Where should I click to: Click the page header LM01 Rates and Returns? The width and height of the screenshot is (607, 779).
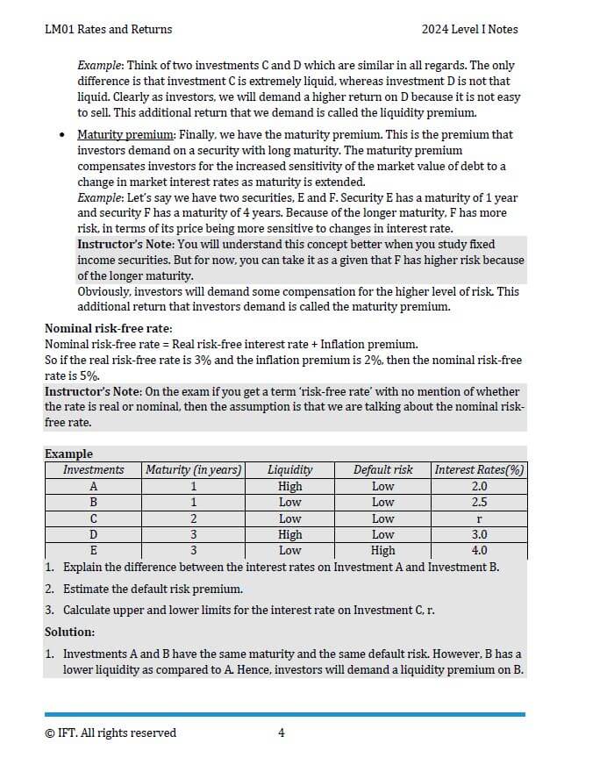tap(108, 30)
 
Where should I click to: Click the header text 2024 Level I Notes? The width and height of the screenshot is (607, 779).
tap(469, 30)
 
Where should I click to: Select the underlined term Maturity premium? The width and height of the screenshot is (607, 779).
tap(125, 135)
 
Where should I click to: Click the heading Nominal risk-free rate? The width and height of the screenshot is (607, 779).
tap(108, 329)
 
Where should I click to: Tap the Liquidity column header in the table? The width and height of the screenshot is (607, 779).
tap(289, 470)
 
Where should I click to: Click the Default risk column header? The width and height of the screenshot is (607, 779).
tap(382, 470)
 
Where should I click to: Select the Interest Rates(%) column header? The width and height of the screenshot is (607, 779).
tap(479, 470)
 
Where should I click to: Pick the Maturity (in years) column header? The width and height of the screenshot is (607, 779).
tap(193, 470)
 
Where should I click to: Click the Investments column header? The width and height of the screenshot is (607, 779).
tap(93, 470)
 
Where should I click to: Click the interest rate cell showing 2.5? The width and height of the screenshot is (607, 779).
tap(479, 503)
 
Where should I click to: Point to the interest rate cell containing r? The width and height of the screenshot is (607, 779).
tap(479, 518)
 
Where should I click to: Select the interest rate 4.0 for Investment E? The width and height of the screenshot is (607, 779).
tap(479, 551)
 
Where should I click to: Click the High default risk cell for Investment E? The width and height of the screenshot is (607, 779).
tap(382, 551)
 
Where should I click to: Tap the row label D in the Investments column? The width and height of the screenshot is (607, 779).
tap(93, 534)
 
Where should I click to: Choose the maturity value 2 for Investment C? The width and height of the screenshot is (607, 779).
tap(193, 518)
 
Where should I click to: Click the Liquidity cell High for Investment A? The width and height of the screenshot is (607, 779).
tap(289, 486)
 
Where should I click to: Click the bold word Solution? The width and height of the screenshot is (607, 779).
tap(69, 632)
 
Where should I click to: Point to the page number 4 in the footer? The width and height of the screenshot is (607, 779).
tap(281, 733)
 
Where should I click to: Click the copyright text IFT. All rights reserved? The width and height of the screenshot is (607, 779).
tap(111, 733)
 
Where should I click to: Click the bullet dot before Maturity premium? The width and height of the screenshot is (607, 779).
tap(61, 135)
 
